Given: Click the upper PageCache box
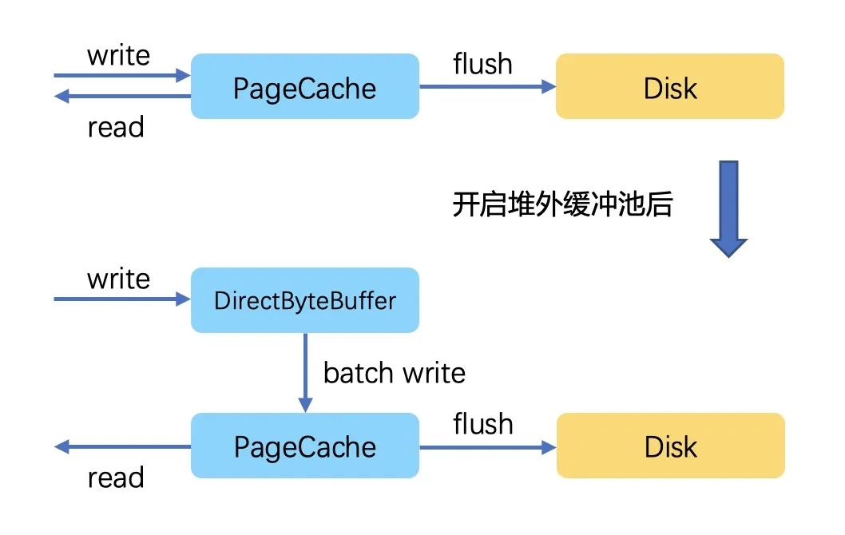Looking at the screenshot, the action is [305, 86].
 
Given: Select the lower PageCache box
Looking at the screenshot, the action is [305, 446].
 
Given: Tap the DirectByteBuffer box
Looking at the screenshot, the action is [305, 300].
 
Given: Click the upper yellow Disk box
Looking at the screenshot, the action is [670, 86].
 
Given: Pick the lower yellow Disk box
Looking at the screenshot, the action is [670, 446].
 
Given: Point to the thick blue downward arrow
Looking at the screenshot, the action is [728, 209].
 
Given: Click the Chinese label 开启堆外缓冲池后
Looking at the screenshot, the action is [562, 204].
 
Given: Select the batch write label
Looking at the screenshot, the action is [394, 373].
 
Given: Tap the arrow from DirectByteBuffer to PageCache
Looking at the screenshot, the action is [306, 373].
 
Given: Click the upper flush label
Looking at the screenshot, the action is [482, 64].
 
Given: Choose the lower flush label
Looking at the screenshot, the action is [483, 423].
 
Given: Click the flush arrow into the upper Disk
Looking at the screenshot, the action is [488, 86].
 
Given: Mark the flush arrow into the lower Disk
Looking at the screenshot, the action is [488, 447].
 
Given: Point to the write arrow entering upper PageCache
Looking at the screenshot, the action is [122, 75].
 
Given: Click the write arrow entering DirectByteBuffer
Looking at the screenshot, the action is [122, 299].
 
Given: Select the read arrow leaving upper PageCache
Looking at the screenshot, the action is [122, 97].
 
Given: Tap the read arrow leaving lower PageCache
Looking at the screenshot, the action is [122, 446].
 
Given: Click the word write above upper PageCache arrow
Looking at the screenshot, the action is [118, 55].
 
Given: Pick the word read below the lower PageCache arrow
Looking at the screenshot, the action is [116, 478].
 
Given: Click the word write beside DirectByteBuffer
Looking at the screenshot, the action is [118, 279].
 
